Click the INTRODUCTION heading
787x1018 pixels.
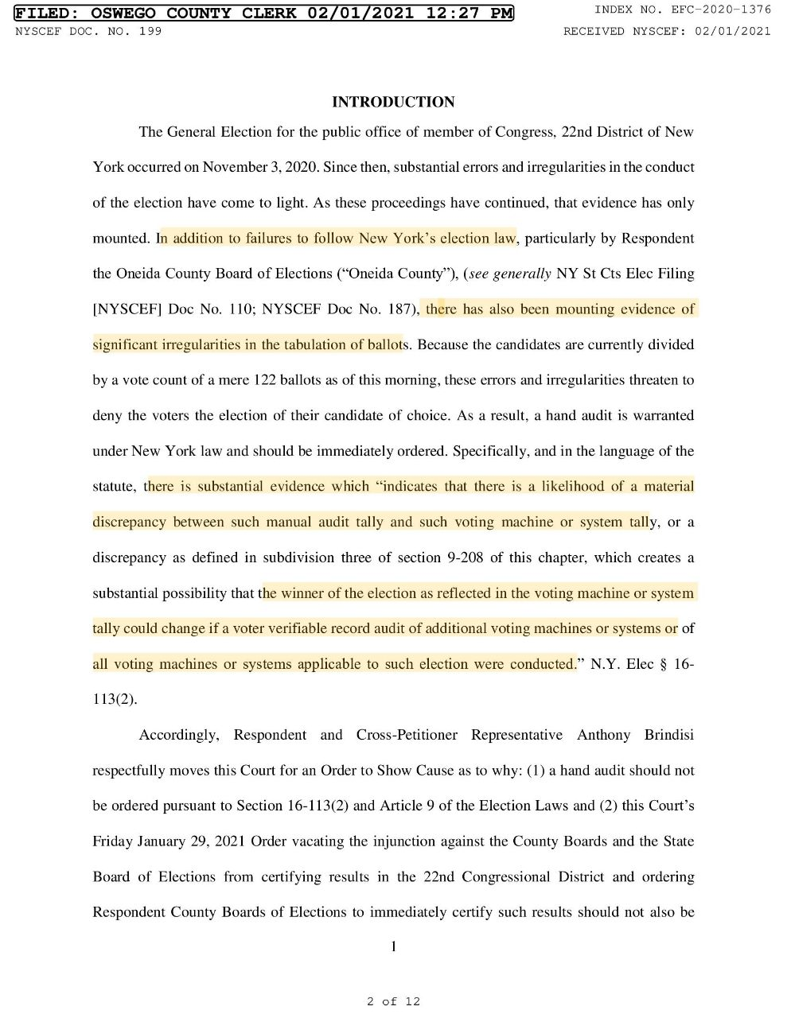point(393,102)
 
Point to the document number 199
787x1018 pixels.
point(150,31)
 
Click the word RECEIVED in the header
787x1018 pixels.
point(594,31)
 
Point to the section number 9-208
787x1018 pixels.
point(460,558)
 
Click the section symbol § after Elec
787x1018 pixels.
point(664,664)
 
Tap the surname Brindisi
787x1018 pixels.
point(668,735)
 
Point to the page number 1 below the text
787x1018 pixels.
point(393,946)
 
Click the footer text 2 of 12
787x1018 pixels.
point(393,1001)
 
